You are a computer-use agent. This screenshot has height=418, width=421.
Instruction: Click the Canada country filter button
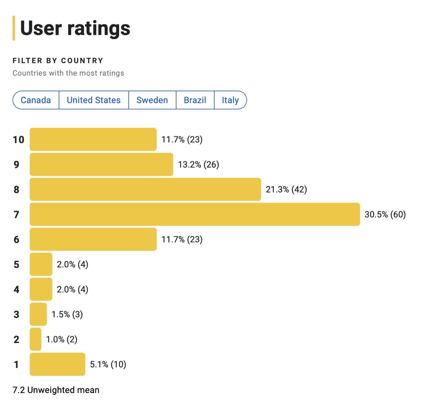tap(36, 100)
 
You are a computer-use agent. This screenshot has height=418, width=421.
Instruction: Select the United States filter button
tap(94, 100)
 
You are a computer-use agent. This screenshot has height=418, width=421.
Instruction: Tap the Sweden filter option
tap(152, 100)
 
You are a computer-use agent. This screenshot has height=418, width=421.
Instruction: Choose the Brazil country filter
tap(195, 100)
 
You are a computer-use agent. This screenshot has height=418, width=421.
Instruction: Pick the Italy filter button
tap(230, 100)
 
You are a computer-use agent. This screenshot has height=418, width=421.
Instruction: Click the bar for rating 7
tap(195, 214)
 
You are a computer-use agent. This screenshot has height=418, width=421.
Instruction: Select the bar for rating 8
tap(145, 190)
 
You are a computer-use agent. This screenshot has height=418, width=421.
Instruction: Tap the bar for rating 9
tap(101, 164)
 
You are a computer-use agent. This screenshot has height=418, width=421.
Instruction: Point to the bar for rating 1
tap(58, 364)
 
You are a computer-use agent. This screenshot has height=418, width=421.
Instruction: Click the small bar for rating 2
tap(35, 339)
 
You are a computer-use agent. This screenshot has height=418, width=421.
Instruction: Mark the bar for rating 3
tap(38, 314)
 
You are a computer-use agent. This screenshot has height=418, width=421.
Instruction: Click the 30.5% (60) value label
tap(385, 214)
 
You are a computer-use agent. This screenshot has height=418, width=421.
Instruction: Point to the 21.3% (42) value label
tap(286, 190)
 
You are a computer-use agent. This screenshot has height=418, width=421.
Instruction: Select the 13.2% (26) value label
tap(198, 165)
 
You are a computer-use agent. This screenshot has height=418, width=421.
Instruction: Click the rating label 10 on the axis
tap(19, 140)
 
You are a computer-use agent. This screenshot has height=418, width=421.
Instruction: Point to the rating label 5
tap(16, 265)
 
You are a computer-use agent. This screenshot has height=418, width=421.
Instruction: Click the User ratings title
tap(75, 28)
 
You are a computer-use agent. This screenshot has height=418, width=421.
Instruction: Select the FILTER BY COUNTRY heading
tap(58, 61)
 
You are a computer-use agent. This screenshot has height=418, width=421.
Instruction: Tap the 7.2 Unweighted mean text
tap(56, 390)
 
